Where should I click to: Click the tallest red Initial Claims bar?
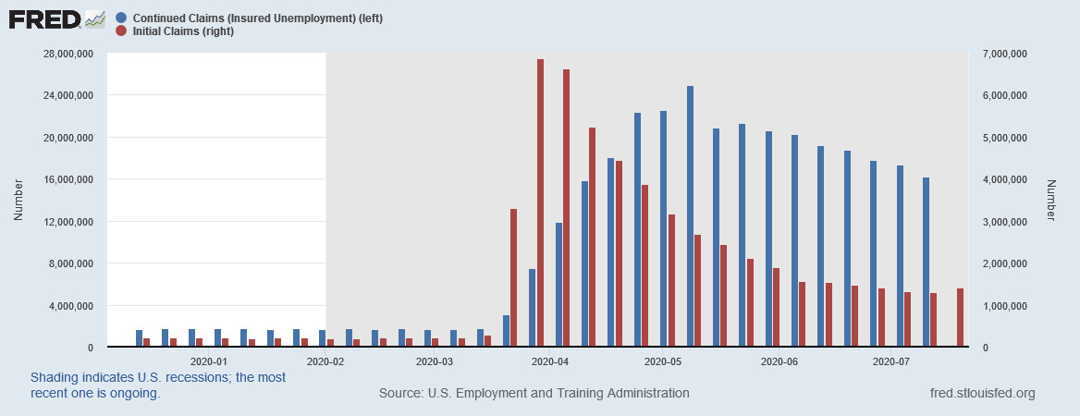pyautogui.click(x=540, y=203)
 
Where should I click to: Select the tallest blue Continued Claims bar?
pyautogui.click(x=690, y=217)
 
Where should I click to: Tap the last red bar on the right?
pyautogui.click(x=960, y=318)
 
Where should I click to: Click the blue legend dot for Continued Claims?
pyautogui.click(x=122, y=18)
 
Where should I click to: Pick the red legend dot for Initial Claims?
pyautogui.click(x=122, y=31)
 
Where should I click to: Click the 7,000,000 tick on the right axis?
pyautogui.click(x=1003, y=54)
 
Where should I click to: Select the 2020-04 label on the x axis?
pyautogui.click(x=550, y=361)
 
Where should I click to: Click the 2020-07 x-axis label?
pyautogui.click(x=891, y=361)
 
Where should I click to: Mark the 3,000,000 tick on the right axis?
pyautogui.click(x=1003, y=222)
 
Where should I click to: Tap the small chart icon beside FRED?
pyautogui.click(x=94, y=18)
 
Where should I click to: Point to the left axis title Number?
pyautogui.click(x=18, y=200)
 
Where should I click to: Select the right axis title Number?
pyautogui.click(x=1050, y=200)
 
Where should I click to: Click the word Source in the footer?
pyautogui.click(x=400, y=394)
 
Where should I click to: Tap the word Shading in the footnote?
pyautogui.click(x=57, y=378)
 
